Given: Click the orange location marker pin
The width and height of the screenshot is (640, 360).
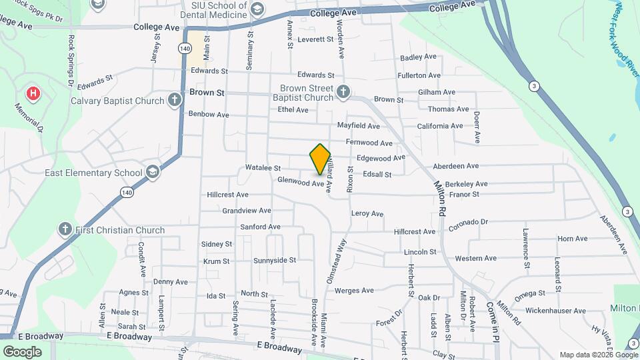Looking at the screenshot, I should (320, 159).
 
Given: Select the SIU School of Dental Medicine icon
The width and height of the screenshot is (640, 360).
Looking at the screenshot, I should (257, 9).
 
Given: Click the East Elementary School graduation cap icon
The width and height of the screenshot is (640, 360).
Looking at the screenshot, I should (153, 173).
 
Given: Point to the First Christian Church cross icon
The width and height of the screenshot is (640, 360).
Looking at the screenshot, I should (65, 230).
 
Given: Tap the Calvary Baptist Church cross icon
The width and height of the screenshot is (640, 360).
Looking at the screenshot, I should (175, 101).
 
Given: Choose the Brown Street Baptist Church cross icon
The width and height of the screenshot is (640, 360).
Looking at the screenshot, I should (343, 92).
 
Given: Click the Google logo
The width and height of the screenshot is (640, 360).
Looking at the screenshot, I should (22, 351).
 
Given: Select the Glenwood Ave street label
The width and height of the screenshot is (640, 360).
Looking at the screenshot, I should (301, 181).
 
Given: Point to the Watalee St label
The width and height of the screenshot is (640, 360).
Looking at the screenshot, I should (263, 168).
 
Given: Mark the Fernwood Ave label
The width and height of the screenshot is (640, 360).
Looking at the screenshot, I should (369, 143).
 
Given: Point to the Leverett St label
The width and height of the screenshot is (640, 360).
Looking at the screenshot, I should (315, 39).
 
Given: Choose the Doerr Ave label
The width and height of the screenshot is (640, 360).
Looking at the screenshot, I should (477, 127).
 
